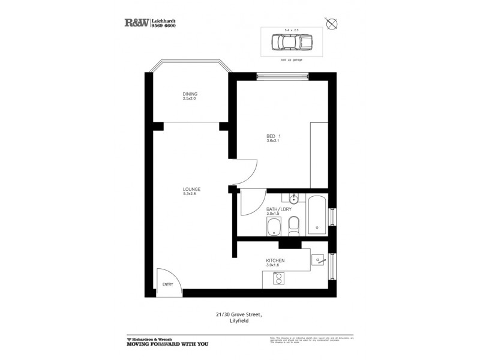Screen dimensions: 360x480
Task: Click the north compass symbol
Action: [x=333, y=24]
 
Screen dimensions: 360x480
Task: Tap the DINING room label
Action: [x=190, y=94]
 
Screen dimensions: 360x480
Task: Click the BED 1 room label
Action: [x=274, y=136]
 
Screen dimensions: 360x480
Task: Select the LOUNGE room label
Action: [x=192, y=189]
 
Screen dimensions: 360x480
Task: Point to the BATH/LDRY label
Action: [x=278, y=208]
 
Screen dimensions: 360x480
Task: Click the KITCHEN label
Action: [x=275, y=260]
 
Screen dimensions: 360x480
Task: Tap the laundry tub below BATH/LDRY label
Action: [x=273, y=227]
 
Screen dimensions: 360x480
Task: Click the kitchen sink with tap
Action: [x=319, y=259]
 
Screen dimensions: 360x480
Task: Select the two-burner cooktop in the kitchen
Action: [x=278, y=278]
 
